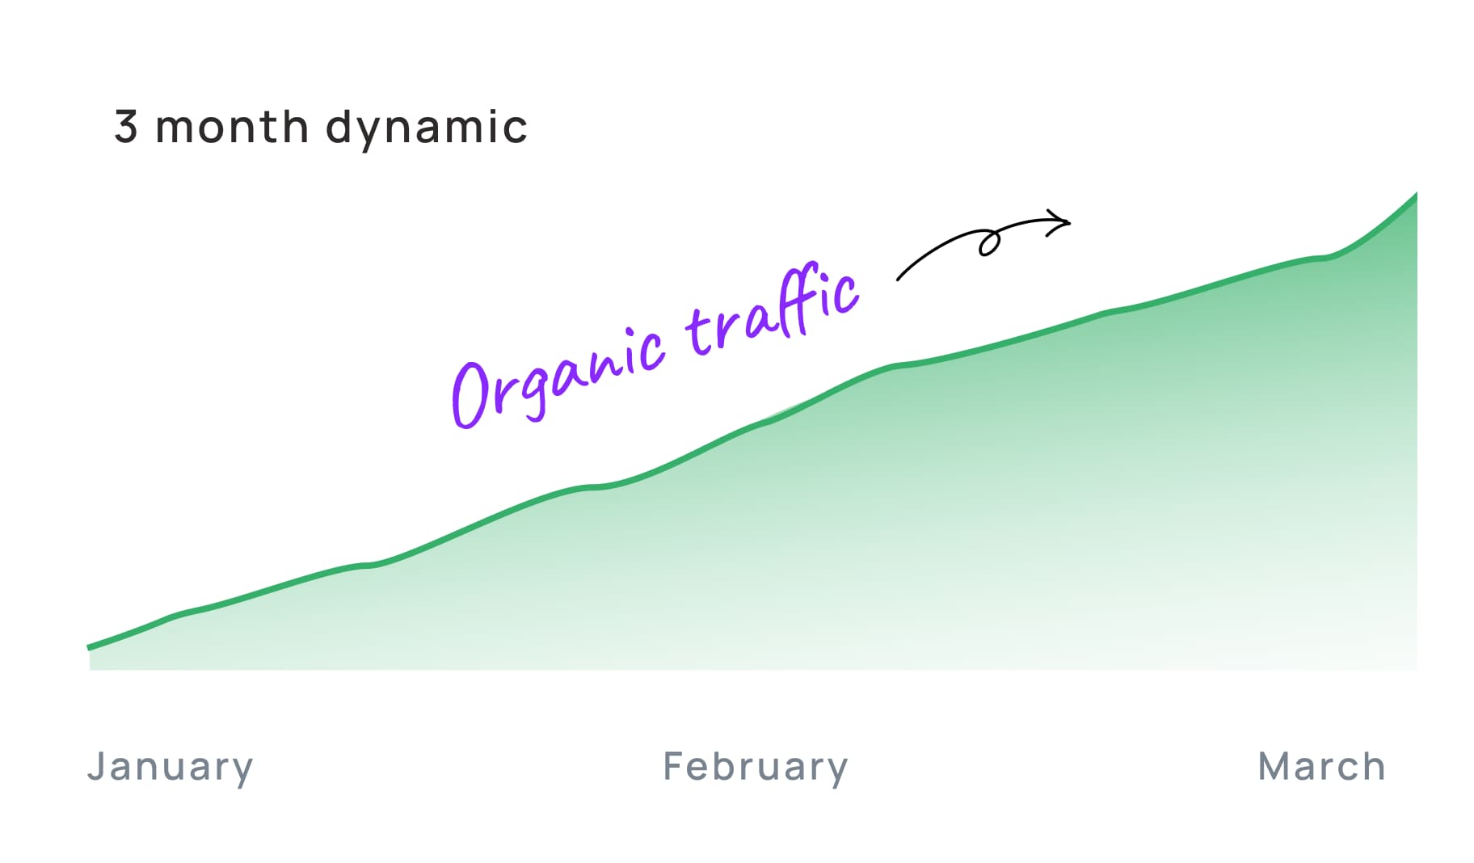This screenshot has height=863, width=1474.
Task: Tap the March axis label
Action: (x=1322, y=766)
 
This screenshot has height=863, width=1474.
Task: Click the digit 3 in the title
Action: (x=125, y=127)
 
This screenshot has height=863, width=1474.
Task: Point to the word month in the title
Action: (x=232, y=127)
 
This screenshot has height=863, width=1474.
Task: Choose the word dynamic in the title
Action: (x=427, y=128)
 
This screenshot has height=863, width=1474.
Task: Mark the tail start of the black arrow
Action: (x=899, y=280)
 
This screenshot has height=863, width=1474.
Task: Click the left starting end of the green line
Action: (x=89, y=647)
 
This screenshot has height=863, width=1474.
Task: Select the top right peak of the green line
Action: (x=1416, y=194)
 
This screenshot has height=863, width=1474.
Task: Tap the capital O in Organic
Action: (x=471, y=394)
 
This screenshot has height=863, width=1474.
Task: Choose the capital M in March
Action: (x=1274, y=766)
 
